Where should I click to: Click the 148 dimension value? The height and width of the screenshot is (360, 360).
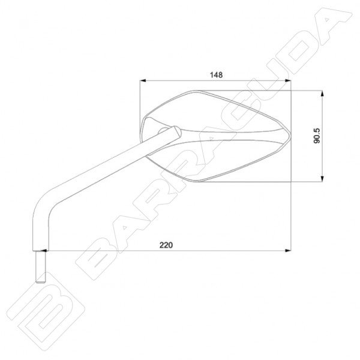pyautogui.click(x=216, y=75)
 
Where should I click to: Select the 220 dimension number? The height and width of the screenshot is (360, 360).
pyautogui.click(x=166, y=245)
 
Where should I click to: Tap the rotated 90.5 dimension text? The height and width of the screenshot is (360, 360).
pyautogui.click(x=317, y=136)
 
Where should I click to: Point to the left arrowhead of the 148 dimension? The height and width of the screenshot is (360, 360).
pyautogui.click(x=143, y=80)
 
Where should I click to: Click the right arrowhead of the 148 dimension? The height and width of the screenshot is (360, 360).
pyautogui.click(x=287, y=80)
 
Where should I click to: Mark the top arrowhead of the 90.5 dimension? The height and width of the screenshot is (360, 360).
pyautogui.click(x=322, y=94)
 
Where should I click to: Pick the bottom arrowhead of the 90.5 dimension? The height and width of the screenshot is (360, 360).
pyautogui.click(x=322, y=179)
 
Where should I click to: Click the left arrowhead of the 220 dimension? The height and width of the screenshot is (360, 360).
pyautogui.click(x=44, y=250)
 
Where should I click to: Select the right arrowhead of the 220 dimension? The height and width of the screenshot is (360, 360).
pyautogui.click(x=287, y=250)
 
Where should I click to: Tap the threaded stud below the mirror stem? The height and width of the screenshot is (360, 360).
pyautogui.click(x=40, y=266)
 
